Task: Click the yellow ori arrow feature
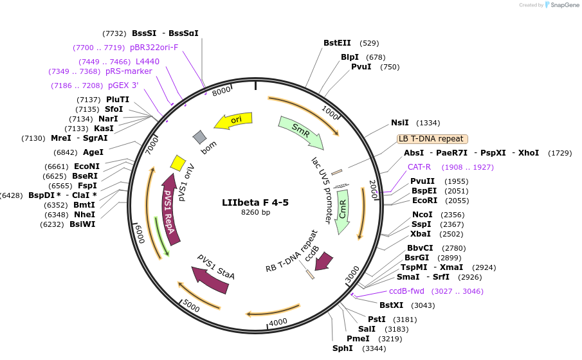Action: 233,120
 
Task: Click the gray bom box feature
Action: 200,137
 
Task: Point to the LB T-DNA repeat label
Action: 432,138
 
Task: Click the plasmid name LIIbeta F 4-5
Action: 255,202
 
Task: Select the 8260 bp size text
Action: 255,212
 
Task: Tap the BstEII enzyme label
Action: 337,43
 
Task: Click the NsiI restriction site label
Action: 399,123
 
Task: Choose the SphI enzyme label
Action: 342,348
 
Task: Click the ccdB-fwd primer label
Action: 406,291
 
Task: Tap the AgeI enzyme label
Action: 93,152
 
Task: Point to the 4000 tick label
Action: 278,321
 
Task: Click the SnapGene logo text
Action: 564,5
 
